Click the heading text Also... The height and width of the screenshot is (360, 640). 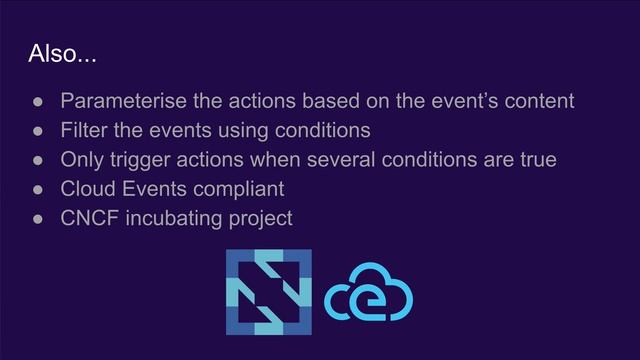pyautogui.click(x=62, y=54)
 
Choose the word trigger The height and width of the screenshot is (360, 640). pyautogui.click(x=144, y=160)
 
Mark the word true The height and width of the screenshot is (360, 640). pyautogui.click(x=535, y=159)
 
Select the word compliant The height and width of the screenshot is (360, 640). pyautogui.click(x=235, y=189)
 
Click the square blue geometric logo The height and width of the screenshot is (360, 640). pyautogui.click(x=268, y=292)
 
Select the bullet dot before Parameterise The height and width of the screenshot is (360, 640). pyautogui.click(x=34, y=102)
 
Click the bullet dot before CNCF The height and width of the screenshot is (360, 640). pyautogui.click(x=34, y=218)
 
